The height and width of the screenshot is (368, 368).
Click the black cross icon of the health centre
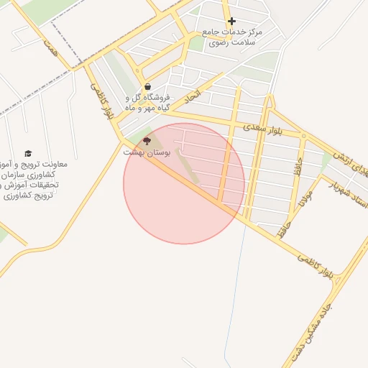[231, 21]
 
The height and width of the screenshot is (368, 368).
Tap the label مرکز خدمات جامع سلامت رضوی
[232, 37]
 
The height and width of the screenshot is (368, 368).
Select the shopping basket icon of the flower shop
[147, 86]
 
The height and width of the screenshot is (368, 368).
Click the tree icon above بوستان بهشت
[147, 141]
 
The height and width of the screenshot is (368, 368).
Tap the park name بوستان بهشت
[146, 152]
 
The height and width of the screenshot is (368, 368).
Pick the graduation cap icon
[28, 153]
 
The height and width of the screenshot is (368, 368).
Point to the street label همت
[50, 45]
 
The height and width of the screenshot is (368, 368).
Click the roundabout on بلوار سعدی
[304, 135]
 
